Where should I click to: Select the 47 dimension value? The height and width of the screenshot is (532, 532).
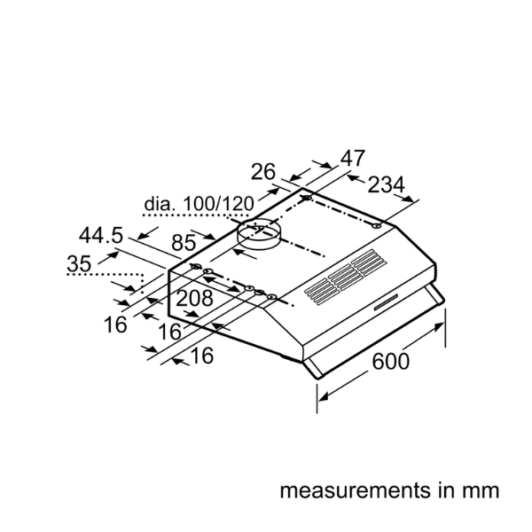click(352, 159)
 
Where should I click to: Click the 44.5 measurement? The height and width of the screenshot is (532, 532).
click(103, 236)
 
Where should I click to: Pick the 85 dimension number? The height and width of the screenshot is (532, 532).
click(184, 241)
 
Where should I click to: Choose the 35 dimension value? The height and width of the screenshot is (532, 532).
click(79, 263)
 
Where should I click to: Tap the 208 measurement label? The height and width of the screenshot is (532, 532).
click(194, 299)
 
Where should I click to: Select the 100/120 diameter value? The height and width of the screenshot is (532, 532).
click(213, 206)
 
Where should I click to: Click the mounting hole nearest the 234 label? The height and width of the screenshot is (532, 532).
click(379, 227)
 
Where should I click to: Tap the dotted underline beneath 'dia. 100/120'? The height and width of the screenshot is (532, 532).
click(199, 215)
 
